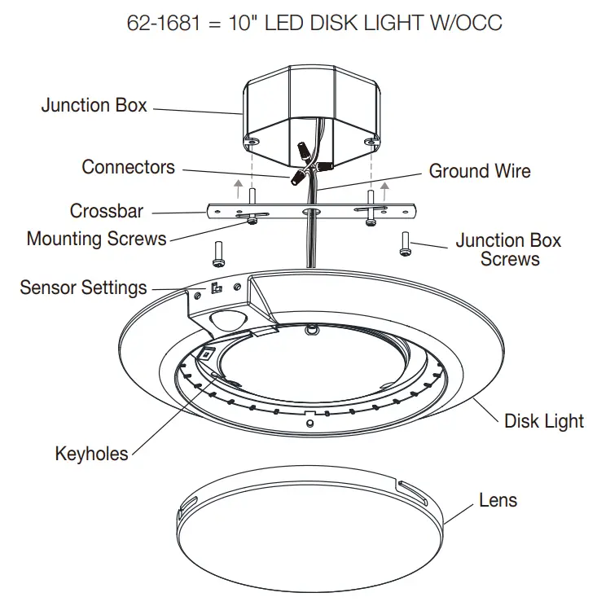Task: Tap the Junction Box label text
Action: point(94,105)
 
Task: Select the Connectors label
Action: point(128,167)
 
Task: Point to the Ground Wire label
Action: point(480,171)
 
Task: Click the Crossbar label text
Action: point(106,211)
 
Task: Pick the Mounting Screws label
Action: point(96,239)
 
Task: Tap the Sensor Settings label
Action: point(83,287)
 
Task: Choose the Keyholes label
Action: point(91,453)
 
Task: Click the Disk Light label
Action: point(544,421)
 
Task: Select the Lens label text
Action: point(498,499)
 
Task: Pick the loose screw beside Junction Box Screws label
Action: point(405,244)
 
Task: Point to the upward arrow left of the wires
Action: point(237,191)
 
